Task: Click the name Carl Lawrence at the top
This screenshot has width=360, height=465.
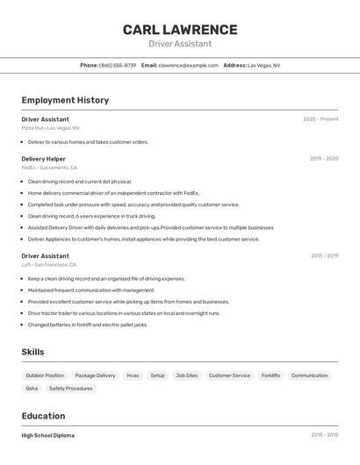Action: tap(180, 29)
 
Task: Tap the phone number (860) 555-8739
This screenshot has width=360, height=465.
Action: tap(118, 65)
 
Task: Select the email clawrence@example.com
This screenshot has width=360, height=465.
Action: tap(188, 65)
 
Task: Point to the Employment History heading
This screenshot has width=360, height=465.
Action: tap(65, 100)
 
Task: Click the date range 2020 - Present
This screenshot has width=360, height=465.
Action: tap(320, 119)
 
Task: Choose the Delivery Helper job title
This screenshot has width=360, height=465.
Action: tap(44, 159)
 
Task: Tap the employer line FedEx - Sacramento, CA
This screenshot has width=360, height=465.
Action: tap(49, 168)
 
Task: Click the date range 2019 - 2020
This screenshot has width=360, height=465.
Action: tap(324, 159)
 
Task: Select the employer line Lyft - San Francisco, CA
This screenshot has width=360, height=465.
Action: tap(49, 264)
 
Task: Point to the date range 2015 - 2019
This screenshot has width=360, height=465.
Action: tap(324, 256)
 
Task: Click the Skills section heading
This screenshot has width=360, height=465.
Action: tap(33, 352)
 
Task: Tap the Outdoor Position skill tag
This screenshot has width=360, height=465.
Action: tap(45, 376)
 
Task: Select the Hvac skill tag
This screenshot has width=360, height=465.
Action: tap(133, 376)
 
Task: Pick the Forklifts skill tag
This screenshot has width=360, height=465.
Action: tap(270, 376)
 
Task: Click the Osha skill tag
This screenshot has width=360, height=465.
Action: tap(32, 389)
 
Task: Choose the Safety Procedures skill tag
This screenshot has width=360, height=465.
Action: tap(70, 389)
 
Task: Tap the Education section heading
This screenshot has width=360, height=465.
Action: tap(43, 416)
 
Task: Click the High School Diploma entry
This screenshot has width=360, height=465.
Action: tap(48, 435)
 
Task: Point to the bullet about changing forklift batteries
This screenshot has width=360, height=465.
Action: tap(88, 325)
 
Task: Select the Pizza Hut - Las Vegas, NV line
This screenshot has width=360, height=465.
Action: tap(50, 128)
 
